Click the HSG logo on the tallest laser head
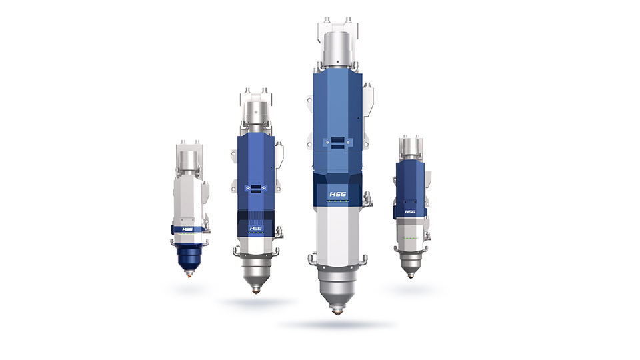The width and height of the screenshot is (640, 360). pyautogui.click(x=337, y=194)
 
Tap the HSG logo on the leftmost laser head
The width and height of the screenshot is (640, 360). pyautogui.click(x=187, y=229)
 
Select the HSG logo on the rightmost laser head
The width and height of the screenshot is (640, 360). pyautogui.click(x=410, y=211)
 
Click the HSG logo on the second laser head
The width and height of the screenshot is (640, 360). pyautogui.click(x=255, y=229)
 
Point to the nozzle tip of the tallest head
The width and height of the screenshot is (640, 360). pyautogui.click(x=337, y=312)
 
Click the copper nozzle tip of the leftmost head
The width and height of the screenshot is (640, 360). pyautogui.click(x=189, y=274)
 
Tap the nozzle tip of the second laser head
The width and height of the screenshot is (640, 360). pyautogui.click(x=255, y=291)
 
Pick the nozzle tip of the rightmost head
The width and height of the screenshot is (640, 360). pyautogui.click(x=411, y=275)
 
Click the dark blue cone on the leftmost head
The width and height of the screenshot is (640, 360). pyautogui.click(x=189, y=257)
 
